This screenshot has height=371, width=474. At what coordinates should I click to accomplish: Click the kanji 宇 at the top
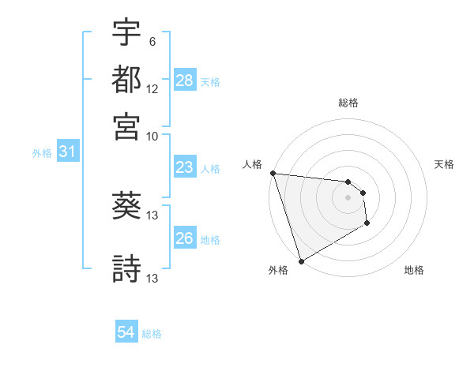pos(126,35)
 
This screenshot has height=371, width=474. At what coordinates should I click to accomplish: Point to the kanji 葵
pos(126,206)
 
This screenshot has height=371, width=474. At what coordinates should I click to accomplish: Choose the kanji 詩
pos(126,269)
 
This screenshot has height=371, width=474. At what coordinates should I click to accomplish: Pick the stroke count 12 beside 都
pos(152,90)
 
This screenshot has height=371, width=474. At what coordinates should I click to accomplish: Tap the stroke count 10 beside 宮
pos(152,135)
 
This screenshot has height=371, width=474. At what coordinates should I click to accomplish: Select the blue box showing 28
pos(185,80)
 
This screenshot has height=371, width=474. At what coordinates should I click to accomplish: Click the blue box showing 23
pos(185,168)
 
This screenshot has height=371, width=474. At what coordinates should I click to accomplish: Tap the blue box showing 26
pos(185,238)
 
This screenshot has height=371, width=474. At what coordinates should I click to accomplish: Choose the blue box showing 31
pos(67,152)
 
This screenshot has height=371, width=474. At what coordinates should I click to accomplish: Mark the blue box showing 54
pos(126,332)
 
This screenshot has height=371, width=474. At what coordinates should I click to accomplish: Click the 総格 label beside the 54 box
pos(152,334)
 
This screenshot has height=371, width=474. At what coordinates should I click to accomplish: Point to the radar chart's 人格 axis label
pos(253,164)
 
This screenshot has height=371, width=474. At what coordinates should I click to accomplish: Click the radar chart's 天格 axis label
pos(444,164)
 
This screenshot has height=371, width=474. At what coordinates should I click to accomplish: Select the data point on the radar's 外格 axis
pos(301,261)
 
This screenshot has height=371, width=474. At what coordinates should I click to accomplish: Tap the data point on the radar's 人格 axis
pos(273,173)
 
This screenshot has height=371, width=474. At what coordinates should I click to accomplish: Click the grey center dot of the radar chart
pos(348,197)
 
